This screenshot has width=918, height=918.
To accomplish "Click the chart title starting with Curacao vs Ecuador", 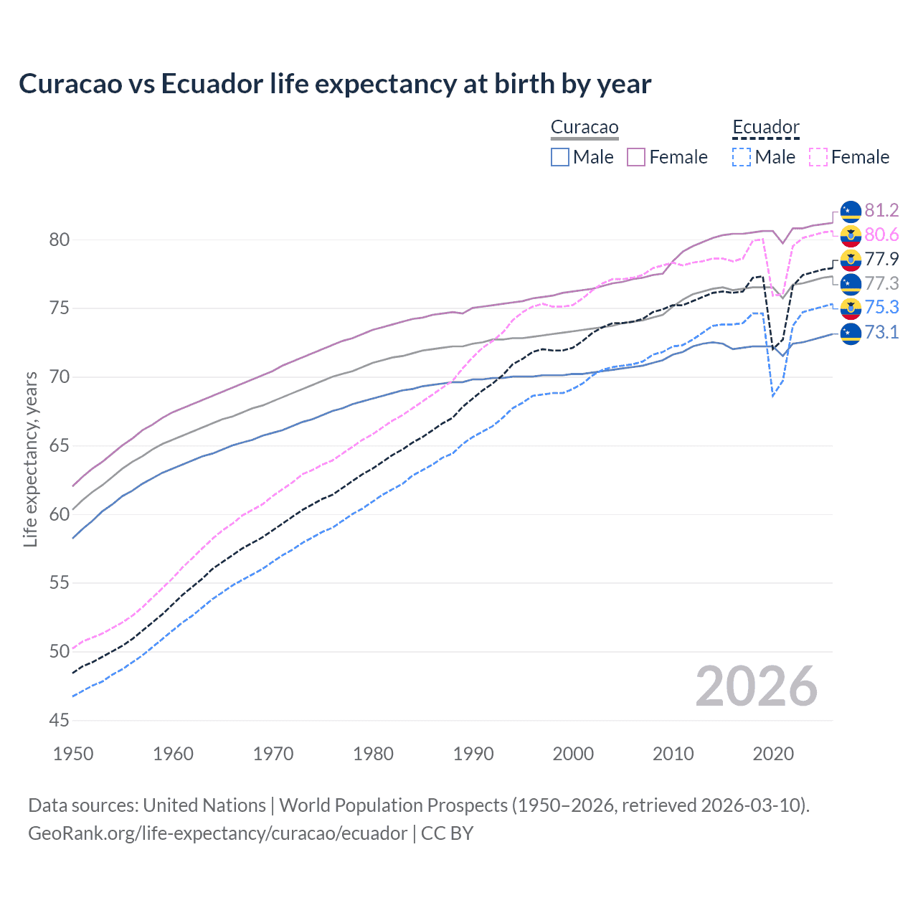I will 335,84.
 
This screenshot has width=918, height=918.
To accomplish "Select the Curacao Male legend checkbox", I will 560,157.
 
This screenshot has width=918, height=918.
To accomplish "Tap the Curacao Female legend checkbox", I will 636,157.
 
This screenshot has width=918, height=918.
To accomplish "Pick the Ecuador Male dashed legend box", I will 742,157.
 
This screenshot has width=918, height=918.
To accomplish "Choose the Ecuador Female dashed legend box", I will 818,157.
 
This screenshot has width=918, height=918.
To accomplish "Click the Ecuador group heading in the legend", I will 765,128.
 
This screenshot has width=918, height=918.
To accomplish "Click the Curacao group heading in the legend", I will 585,128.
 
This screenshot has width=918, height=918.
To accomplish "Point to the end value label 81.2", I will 881,210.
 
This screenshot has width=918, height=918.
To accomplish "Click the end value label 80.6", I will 881,235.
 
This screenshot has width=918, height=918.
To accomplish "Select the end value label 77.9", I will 881,259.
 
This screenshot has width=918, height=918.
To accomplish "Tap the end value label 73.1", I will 881,332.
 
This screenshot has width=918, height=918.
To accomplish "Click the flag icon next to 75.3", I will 851,308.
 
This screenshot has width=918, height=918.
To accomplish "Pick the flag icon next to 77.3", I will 851,283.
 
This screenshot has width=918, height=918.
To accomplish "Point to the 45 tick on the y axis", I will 60,720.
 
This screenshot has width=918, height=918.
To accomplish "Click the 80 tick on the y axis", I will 60,240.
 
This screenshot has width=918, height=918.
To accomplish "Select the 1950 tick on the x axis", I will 73,754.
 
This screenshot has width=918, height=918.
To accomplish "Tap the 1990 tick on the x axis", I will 473,754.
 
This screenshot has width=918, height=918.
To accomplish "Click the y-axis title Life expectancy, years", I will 30,459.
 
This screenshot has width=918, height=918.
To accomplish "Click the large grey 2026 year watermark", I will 757,686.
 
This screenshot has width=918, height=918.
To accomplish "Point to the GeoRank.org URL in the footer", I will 217,833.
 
